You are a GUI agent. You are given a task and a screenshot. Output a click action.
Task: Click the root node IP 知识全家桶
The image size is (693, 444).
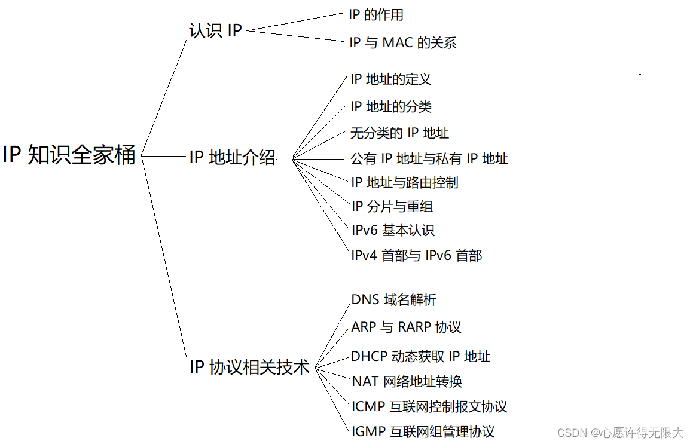[69, 155]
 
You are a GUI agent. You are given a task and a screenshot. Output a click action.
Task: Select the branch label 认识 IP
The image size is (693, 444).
[215, 30]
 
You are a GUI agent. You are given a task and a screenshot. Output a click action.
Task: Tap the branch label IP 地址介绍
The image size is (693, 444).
[233, 157]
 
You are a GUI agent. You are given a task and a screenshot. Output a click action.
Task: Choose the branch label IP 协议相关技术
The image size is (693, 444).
[249, 366]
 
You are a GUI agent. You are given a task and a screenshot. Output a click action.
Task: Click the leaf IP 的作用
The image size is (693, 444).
[376, 14]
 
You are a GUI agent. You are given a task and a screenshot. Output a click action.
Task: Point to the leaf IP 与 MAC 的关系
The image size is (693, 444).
[402, 42]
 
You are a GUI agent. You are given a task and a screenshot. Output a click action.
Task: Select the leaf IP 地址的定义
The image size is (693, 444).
[390, 79]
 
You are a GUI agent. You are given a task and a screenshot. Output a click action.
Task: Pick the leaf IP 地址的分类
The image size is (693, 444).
[390, 106]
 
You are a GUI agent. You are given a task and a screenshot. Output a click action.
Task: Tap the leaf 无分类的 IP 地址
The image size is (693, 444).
[399, 133]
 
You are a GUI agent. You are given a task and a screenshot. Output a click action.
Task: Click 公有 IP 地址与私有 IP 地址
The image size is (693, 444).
[429, 158]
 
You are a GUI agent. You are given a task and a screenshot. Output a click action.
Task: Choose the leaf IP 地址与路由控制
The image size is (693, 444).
[404, 182]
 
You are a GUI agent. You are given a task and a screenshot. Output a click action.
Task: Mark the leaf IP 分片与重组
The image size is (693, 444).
[392, 207]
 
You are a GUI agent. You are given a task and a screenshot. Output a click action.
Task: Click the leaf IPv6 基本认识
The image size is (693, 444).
[392, 230]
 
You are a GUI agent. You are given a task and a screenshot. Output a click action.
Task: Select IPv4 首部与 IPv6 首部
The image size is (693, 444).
[416, 256]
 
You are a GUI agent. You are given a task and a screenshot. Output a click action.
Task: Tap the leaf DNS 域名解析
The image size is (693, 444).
[393, 299]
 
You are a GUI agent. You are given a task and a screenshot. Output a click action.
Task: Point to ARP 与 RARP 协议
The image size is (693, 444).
[406, 327]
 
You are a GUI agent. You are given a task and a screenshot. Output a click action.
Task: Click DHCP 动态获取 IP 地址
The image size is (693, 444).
[420, 357]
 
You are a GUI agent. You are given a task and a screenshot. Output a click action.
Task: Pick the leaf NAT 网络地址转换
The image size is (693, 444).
[407, 381]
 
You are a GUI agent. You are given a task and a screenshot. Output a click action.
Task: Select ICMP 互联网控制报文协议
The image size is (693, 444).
[429, 407]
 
